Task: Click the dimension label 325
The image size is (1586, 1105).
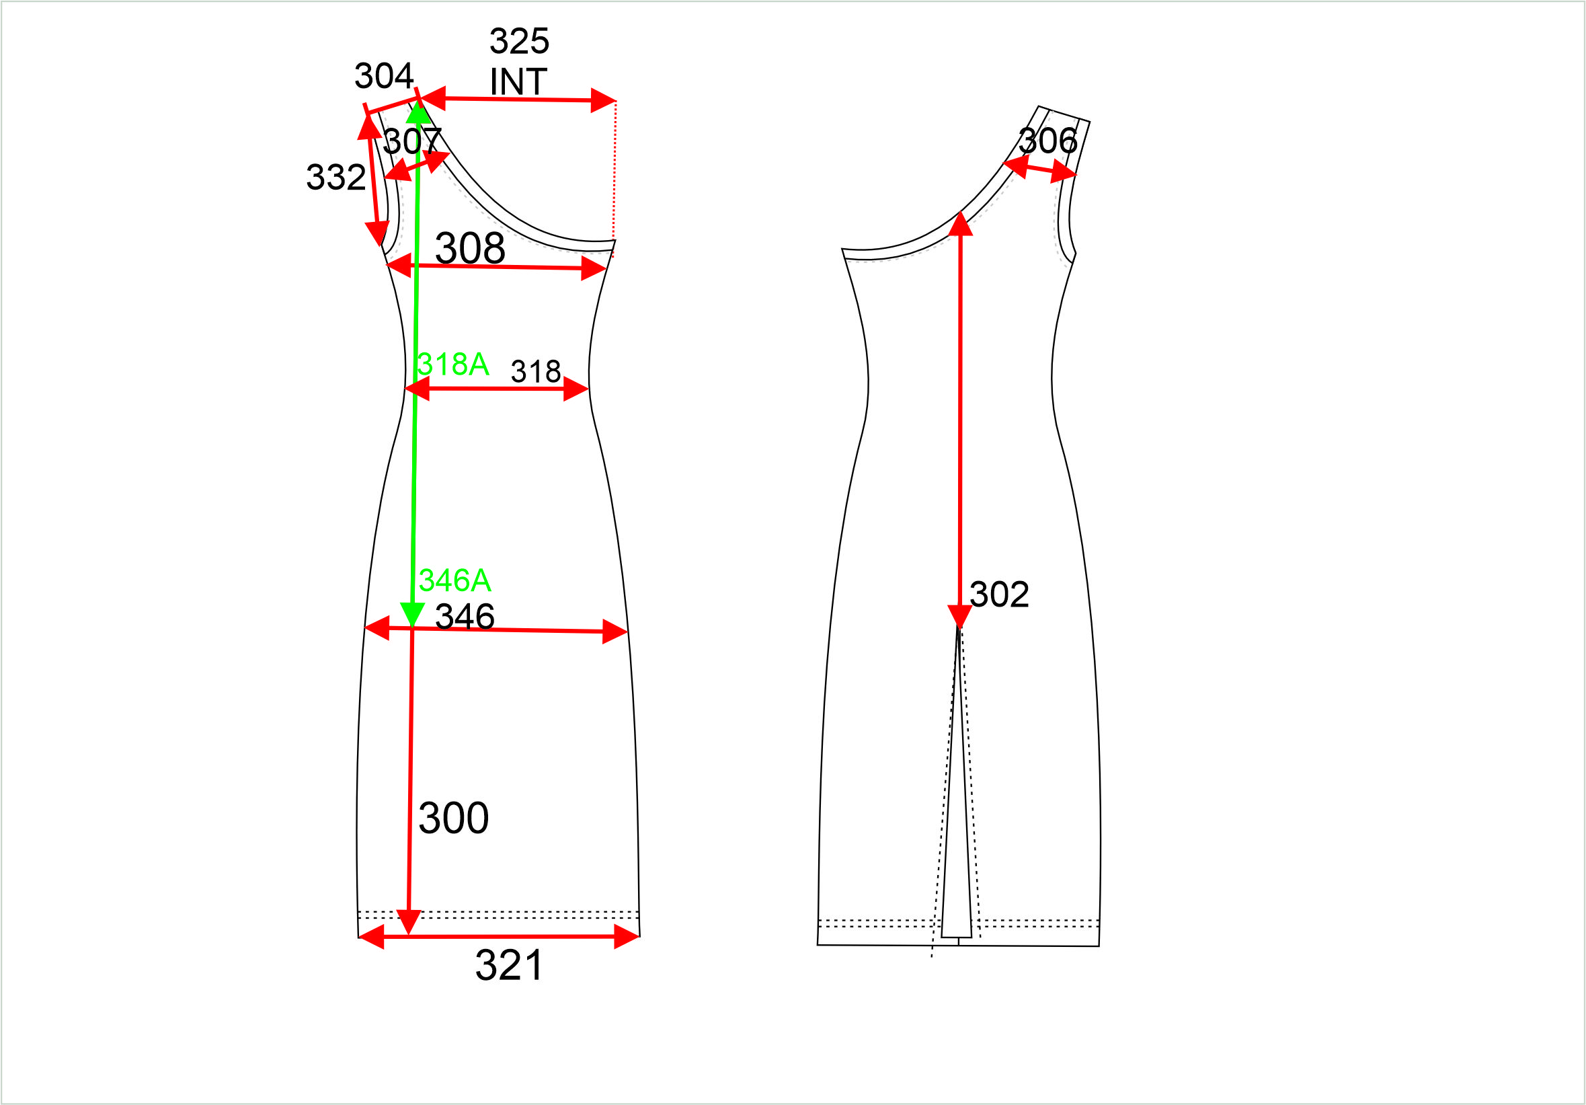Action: pyautogui.click(x=520, y=42)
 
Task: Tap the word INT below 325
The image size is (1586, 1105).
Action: pyautogui.click(x=519, y=81)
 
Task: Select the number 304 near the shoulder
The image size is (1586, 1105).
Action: pyautogui.click(x=384, y=76)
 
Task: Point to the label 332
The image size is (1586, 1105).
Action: pyautogui.click(x=335, y=178)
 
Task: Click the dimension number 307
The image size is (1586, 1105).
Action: pyautogui.click(x=412, y=142)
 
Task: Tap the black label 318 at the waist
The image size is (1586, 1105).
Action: pyautogui.click(x=536, y=372)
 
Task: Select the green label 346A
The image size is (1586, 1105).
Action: pyautogui.click(x=454, y=580)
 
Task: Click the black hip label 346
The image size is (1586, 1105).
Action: pyautogui.click(x=465, y=617)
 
